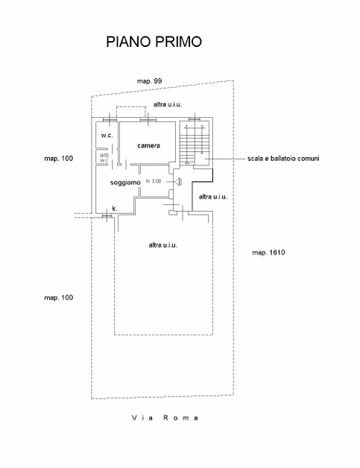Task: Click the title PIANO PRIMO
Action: coord(154,42)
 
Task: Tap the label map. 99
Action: coord(149,81)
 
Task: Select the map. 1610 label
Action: coord(268,253)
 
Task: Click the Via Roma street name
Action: coord(165,417)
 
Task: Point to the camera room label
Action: coord(148,145)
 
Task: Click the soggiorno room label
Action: coord(125,183)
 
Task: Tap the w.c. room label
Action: coord(107,135)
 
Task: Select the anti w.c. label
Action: coord(105,158)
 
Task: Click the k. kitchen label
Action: coord(114,209)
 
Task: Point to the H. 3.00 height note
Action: coord(154,181)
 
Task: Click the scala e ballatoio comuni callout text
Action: coord(283,159)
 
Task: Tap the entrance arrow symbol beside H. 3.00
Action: coord(178,182)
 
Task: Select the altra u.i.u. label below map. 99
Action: coord(168,104)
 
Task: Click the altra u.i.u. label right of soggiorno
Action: coord(213,197)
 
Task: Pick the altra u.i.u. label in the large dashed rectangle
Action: coord(163,245)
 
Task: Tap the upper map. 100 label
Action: coord(58,159)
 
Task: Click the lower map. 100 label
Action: coord(58,297)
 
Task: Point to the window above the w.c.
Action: coord(110,119)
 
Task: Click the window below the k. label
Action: coord(107,215)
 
